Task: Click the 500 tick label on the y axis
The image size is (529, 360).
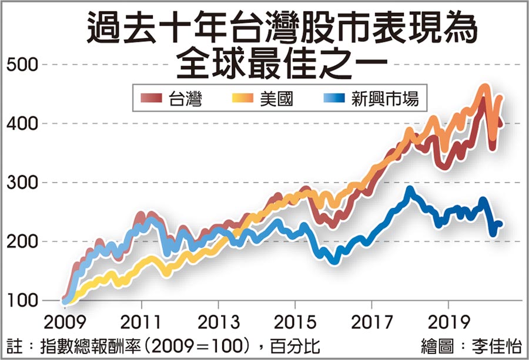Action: tap(22, 64)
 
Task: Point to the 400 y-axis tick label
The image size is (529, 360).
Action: tap(22, 123)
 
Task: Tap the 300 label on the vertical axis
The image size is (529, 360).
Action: tap(22, 183)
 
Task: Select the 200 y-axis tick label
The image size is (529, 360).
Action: tap(22, 241)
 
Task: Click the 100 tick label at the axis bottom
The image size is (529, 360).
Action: tap(21, 301)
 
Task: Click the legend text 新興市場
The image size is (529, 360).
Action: tap(385, 99)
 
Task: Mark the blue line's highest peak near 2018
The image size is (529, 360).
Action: tap(410, 190)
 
